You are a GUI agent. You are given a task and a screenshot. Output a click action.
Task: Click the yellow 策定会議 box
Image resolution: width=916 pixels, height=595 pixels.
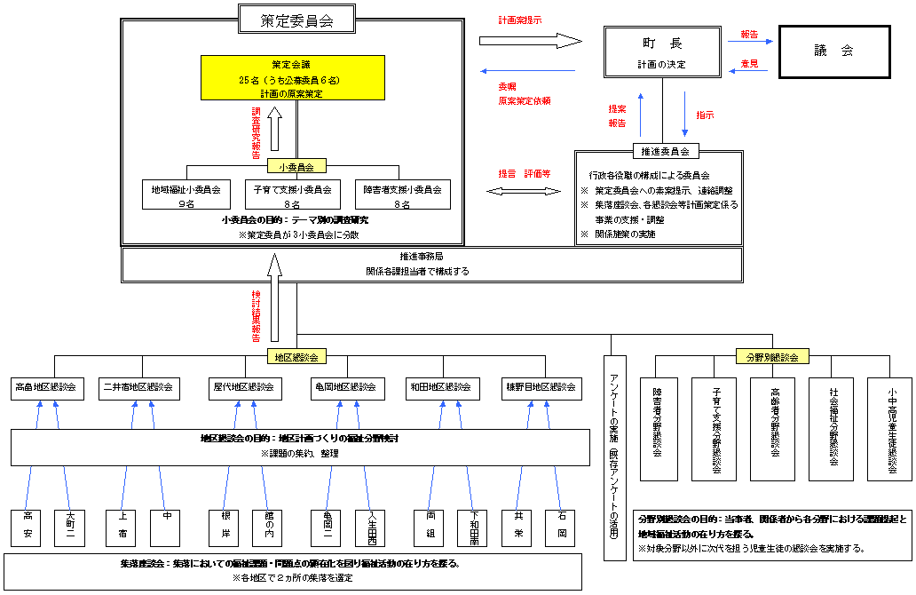pos(292,79)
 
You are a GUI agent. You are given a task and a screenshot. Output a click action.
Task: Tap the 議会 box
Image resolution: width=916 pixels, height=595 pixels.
pos(833,52)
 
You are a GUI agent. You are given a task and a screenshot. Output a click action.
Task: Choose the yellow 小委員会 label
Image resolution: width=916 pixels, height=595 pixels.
pos(296,165)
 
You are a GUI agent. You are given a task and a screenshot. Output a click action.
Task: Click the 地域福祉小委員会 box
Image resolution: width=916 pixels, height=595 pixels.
pos(186,195)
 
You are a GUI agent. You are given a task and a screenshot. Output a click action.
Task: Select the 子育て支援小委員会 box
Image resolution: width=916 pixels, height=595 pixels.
pos(292,195)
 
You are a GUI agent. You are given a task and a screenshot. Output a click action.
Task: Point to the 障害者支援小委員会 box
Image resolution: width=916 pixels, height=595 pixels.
pos(402,195)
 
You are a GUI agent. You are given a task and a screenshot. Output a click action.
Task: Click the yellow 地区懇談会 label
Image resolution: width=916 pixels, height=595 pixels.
pos(296,356)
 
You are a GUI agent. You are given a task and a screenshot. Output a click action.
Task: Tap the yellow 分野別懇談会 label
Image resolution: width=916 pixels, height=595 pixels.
pos(772,356)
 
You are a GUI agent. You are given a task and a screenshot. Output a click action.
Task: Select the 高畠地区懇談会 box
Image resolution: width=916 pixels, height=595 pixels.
pos(45,387)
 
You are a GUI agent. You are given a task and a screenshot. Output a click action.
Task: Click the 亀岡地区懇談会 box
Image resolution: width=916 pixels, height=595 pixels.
pos(345,387)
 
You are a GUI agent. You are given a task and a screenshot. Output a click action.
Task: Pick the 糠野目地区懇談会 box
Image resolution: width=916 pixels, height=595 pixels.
pos(541,387)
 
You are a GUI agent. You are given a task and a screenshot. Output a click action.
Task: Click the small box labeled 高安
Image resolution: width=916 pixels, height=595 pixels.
pos(28,528)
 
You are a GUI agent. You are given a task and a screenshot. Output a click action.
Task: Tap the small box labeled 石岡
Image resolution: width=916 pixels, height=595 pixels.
pos(562,528)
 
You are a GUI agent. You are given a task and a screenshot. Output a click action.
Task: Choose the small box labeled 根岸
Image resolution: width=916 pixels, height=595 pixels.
pos(223,528)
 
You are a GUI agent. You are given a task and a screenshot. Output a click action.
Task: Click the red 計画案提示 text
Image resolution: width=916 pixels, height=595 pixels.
pos(520,20)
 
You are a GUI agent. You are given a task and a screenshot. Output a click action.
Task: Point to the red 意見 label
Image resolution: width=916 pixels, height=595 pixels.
pos(749,63)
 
